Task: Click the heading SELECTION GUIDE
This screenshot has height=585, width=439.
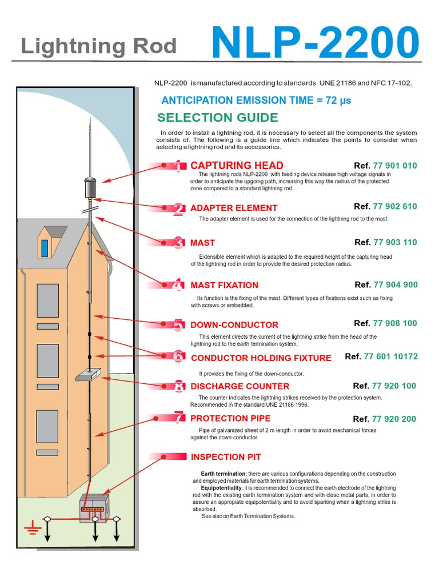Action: (x=217, y=118)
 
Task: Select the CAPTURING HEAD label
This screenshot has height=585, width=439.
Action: (x=237, y=166)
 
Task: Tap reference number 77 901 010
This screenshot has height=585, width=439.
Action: (x=395, y=166)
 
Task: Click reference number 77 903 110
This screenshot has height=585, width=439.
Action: (x=395, y=242)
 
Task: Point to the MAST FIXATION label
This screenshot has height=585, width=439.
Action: (x=224, y=285)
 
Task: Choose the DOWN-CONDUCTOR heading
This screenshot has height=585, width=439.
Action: (x=234, y=324)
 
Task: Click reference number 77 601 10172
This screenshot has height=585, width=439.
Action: (x=391, y=356)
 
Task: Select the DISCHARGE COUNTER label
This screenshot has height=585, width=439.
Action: (x=240, y=386)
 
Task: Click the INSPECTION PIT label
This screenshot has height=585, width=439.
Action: (x=226, y=457)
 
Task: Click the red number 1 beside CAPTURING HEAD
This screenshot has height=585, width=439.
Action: (x=178, y=166)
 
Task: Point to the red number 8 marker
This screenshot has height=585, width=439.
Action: (x=179, y=386)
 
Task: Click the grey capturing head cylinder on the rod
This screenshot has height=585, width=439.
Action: (x=89, y=187)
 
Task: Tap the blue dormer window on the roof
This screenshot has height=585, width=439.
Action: (x=45, y=247)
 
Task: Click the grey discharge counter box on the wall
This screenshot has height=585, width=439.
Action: (x=87, y=374)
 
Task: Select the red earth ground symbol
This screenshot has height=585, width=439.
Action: (x=30, y=527)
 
